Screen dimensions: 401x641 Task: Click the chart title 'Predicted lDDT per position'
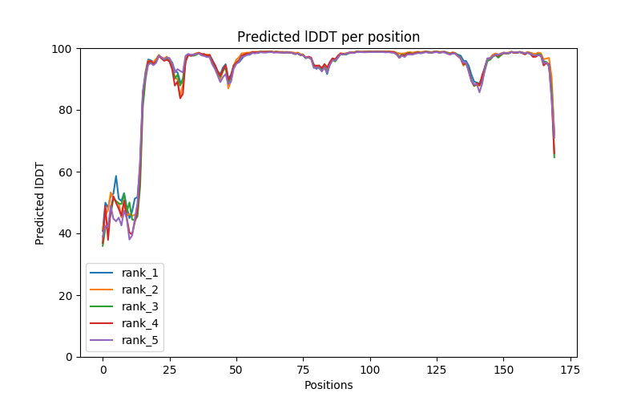coord(328,37)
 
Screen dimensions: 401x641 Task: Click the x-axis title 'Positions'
coord(328,385)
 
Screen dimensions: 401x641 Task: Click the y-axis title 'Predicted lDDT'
coord(40,203)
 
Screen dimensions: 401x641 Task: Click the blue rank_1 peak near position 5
coord(116,176)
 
